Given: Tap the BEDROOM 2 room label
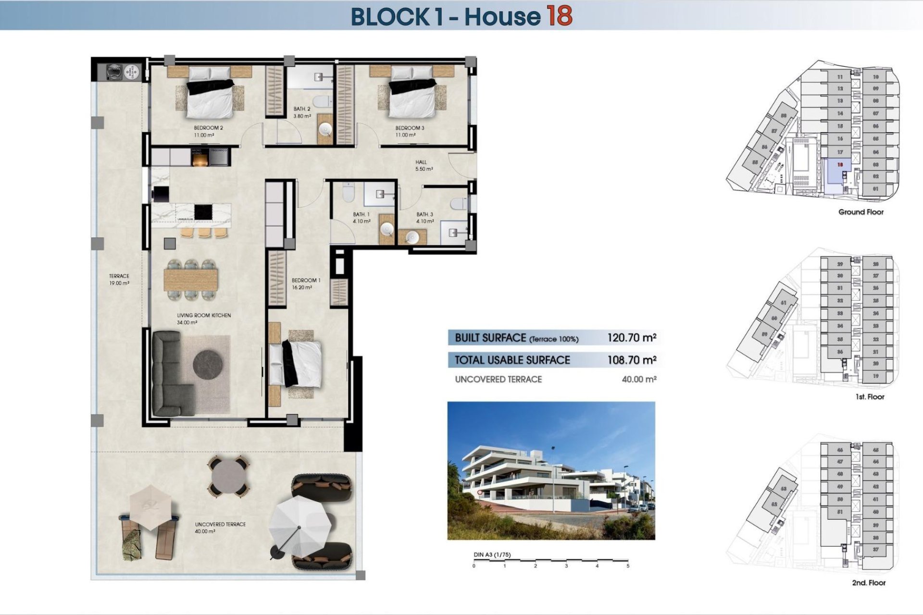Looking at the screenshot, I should (x=208, y=128).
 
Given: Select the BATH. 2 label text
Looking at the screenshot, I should (x=302, y=109).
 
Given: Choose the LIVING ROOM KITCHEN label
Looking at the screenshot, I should (x=204, y=316).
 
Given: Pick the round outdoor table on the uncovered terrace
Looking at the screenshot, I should (x=228, y=476).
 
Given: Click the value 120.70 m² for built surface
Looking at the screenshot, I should (x=631, y=338).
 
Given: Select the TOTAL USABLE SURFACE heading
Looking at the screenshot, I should (x=512, y=360).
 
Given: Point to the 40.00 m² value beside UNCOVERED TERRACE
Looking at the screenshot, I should (x=639, y=380).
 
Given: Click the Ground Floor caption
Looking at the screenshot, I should (x=861, y=212).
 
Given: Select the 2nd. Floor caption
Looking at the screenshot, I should (x=869, y=583).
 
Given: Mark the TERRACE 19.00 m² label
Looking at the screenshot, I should (x=119, y=280).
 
